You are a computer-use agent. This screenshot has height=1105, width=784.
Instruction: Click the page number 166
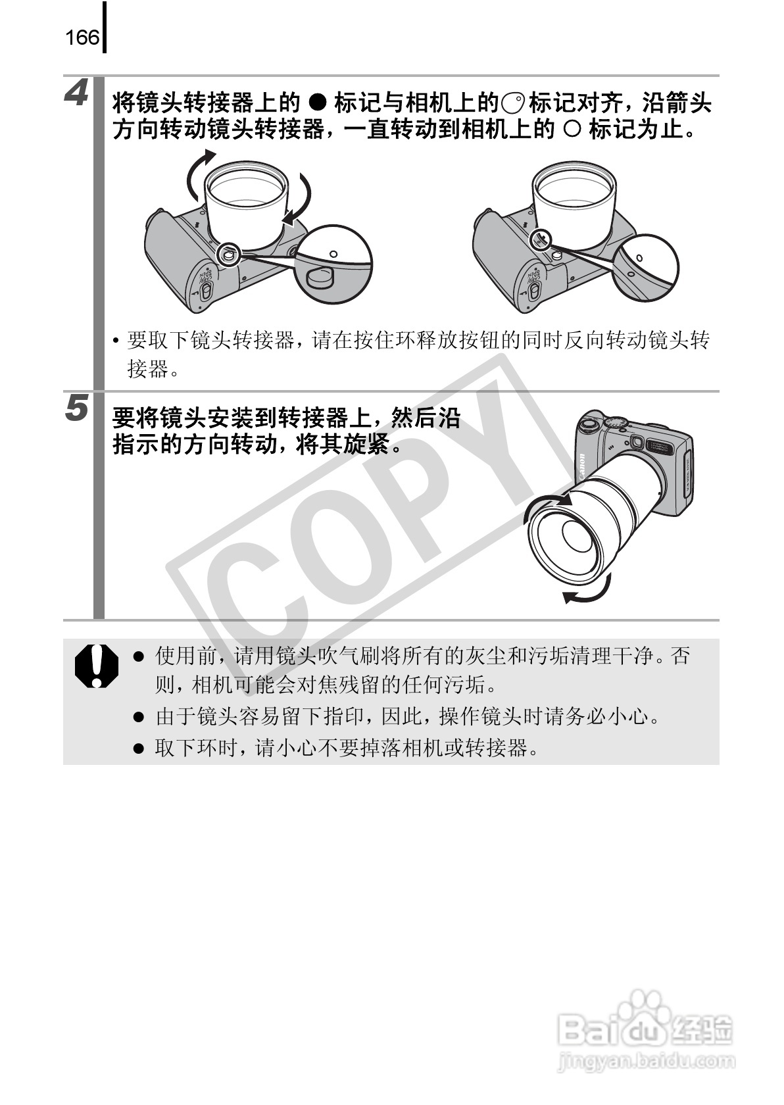pos(82,37)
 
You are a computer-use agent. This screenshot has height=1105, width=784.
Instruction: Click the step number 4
pos(78,94)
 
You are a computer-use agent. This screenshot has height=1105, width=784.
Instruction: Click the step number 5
pos(78,408)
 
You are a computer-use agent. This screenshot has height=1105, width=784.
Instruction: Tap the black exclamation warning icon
pos(96,666)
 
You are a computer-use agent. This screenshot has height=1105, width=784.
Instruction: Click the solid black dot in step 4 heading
pos(318,103)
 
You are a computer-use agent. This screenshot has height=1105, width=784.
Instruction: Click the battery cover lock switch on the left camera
pos(205,293)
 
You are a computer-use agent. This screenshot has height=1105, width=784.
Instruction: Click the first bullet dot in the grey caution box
pos(138,656)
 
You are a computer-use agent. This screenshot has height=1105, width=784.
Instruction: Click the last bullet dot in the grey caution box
pos(138,749)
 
